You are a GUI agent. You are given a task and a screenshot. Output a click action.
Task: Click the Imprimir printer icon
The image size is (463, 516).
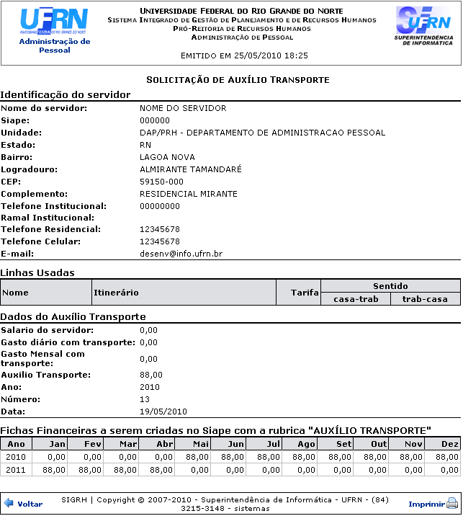coord(452,504)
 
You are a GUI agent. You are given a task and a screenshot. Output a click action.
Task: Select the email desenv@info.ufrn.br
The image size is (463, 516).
coord(181,254)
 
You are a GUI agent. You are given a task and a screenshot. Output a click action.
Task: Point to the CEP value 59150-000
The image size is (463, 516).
coord(161,182)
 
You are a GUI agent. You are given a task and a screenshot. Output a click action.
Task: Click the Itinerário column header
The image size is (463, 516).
coord(115,293)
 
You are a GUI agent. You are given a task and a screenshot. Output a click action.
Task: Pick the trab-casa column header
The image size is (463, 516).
coord(425,299)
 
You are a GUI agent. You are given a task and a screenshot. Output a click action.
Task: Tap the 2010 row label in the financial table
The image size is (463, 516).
coord(16,457)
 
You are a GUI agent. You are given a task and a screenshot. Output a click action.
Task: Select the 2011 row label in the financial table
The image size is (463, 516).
coord(16,470)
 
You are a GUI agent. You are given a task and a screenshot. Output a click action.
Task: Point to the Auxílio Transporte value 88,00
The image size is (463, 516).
coord(151,375)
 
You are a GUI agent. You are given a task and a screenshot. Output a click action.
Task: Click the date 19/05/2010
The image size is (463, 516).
coord(163,412)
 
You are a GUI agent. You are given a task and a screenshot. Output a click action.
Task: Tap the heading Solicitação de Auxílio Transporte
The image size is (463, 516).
coord(238,79)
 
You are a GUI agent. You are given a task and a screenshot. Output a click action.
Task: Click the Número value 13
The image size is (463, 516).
coord(145,399)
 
